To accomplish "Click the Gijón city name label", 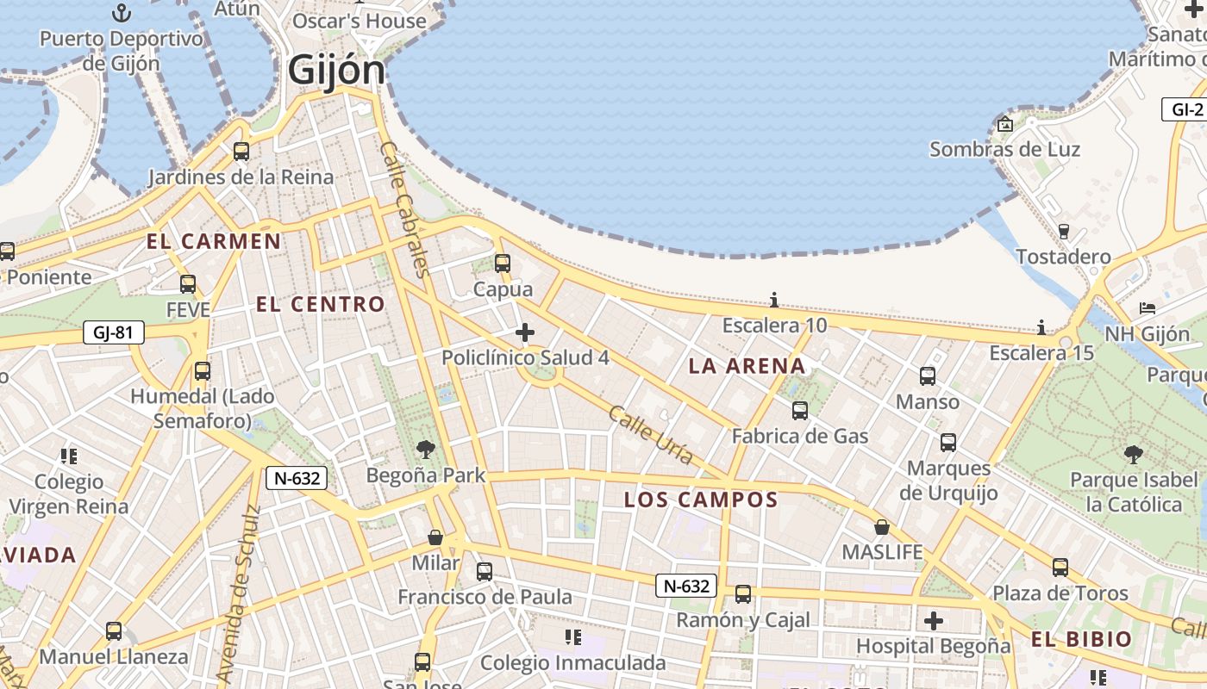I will coord(336,69).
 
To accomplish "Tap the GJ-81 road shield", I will coord(113,332).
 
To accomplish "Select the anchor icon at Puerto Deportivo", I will coord(122,13).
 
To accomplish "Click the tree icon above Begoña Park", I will coord(425,449).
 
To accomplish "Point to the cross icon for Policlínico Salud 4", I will coord(524,332).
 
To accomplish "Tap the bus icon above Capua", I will coord(502,264).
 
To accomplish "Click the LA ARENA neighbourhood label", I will coord(747,366).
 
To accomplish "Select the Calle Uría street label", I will coord(650,436).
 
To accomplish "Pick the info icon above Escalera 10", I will coord(774,300).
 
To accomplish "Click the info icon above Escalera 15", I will coord(1041,327).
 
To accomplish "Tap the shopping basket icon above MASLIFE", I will coord(881,526).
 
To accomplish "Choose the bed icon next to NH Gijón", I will coord(1147,308).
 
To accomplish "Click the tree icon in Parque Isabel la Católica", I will coord(1134,454).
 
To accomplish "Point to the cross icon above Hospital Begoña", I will coord(933,620).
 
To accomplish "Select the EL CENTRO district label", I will coord(320,304).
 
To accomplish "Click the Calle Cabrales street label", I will coord(403,210).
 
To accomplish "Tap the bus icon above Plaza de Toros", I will coord(1060,568).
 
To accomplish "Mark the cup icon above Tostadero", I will coord(1063,231).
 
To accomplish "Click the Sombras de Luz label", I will coord(1004,149).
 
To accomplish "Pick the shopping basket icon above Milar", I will coord(435,537).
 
